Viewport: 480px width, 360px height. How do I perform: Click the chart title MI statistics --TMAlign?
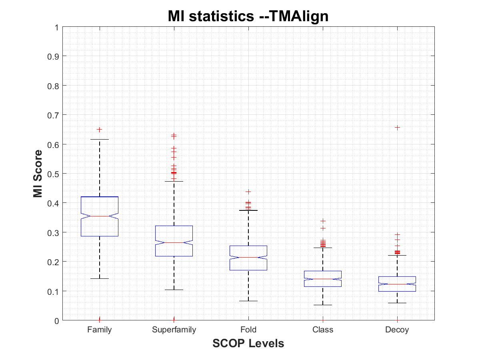(x=248, y=16)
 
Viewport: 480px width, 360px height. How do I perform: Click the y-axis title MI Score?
(x=38, y=174)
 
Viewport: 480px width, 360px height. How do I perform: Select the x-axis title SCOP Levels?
(x=248, y=343)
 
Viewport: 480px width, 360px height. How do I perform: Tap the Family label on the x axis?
(x=100, y=330)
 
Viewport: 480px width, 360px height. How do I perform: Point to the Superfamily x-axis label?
(x=174, y=330)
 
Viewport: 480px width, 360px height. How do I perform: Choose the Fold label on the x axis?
(x=248, y=330)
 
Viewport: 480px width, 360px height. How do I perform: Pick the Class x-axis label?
(x=323, y=330)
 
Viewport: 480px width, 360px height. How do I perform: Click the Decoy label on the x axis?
(x=397, y=330)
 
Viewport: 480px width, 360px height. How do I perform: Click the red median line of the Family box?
(x=100, y=216)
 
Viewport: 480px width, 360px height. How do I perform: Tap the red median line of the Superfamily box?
(x=174, y=242)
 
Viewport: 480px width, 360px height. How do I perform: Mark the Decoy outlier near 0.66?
(x=397, y=127)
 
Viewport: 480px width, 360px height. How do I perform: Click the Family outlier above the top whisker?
(x=100, y=130)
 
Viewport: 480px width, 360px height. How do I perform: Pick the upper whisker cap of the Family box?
(x=100, y=139)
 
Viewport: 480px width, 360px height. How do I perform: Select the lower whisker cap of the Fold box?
(x=248, y=301)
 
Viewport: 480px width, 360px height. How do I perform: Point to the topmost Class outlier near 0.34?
(x=323, y=221)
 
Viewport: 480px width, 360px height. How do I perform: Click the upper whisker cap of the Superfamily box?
(x=174, y=181)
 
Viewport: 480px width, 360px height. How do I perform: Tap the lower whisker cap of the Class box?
(x=323, y=305)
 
